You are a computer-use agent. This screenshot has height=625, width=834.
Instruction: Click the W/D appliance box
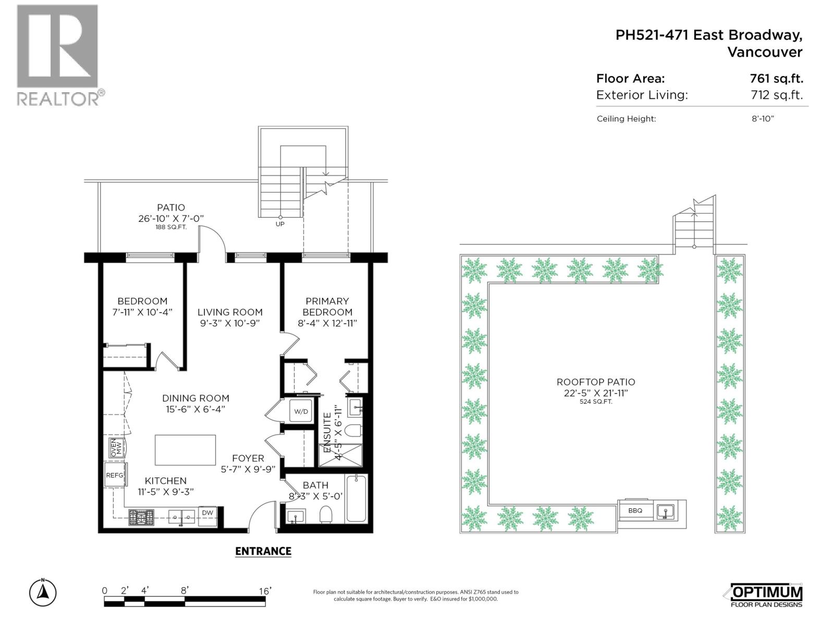click(301, 411)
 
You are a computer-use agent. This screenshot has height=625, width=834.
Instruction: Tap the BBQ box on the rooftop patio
click(635, 510)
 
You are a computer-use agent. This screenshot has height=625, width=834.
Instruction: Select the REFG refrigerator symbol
click(115, 475)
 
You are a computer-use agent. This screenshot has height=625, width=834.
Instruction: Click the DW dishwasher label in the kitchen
click(207, 513)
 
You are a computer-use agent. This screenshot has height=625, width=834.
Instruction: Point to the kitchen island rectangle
click(185, 450)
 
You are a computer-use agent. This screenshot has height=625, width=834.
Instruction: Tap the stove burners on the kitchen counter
click(142, 517)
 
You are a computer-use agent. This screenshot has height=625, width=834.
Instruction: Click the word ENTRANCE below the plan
click(263, 551)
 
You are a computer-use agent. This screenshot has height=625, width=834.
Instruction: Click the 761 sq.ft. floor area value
click(776, 79)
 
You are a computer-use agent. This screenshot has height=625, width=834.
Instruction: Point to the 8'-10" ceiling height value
click(763, 119)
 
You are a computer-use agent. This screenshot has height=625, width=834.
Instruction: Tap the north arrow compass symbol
click(43, 592)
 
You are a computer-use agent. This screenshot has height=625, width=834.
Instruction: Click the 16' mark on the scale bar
click(265, 591)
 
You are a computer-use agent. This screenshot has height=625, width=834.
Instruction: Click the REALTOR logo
click(58, 55)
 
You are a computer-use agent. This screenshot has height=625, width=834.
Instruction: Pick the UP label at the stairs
click(280, 224)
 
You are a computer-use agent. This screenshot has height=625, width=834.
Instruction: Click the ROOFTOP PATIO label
click(596, 382)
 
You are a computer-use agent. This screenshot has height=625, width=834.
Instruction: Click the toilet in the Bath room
click(326, 514)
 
